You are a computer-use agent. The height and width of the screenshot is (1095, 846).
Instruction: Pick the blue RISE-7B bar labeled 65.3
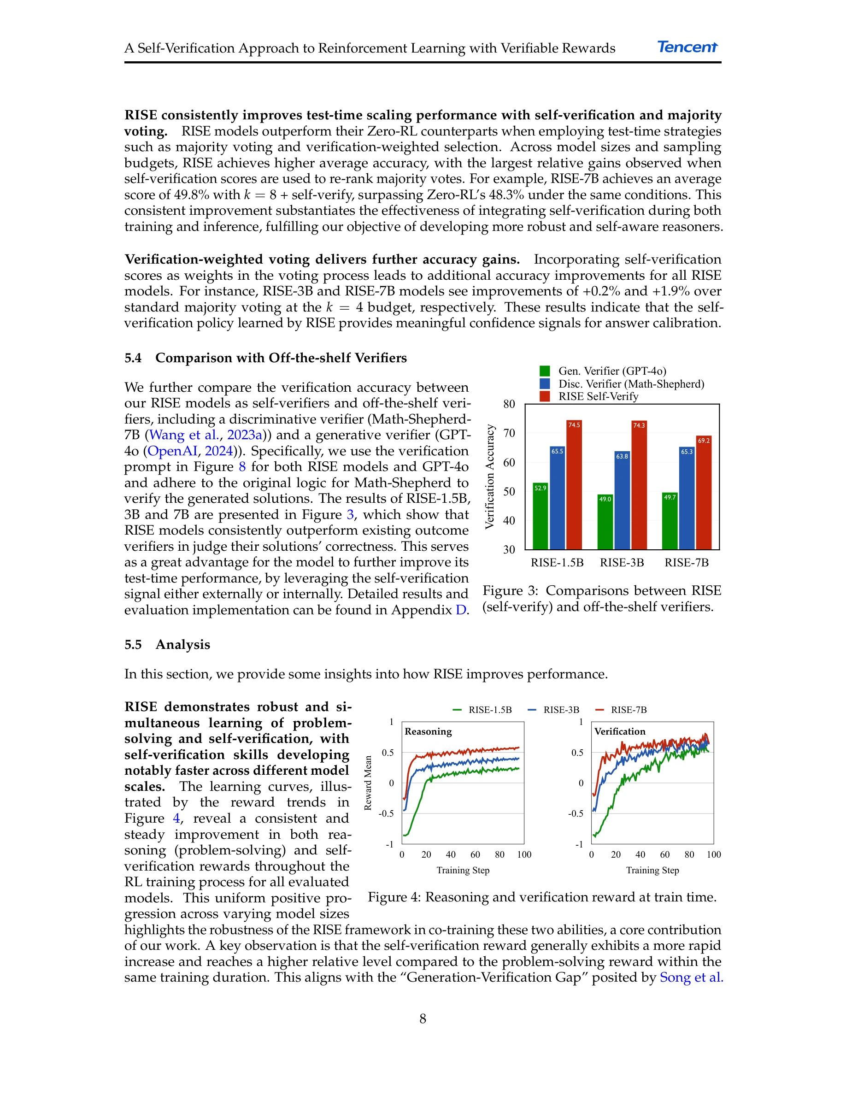[x=687, y=498]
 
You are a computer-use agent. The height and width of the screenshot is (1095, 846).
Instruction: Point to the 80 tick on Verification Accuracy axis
[x=509, y=404]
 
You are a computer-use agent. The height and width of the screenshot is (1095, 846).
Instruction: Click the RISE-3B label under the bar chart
[x=622, y=563]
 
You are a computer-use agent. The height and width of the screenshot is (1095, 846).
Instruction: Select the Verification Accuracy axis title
[x=490, y=477]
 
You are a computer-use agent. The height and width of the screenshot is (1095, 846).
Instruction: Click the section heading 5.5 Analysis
[x=167, y=644]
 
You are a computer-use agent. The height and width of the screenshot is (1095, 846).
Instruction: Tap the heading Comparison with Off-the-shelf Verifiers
[x=281, y=358]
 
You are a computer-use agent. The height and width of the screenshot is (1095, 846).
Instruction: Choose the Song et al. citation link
[x=691, y=977]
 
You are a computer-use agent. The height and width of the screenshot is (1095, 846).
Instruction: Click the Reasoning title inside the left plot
[x=428, y=731]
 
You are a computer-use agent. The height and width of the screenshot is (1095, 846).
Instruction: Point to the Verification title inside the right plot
[x=619, y=731]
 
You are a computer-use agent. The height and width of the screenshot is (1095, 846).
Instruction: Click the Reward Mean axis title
[x=368, y=783]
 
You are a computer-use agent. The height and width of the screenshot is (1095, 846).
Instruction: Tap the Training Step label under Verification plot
[x=652, y=871]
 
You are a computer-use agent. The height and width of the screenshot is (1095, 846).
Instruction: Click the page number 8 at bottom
[x=423, y=1019]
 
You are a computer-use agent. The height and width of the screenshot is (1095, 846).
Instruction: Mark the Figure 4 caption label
[x=394, y=897]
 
